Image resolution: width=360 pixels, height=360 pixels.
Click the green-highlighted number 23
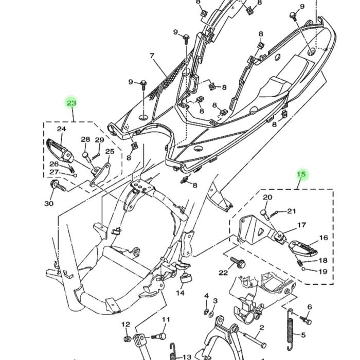click(71, 103)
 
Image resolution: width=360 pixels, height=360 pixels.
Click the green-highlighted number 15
click(301, 174)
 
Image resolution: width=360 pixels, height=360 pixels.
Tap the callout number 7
click(152, 56)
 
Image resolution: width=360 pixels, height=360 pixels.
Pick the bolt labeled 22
click(238, 262)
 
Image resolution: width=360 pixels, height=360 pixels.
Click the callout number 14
click(180, 293)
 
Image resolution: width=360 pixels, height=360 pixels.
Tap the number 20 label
click(267, 197)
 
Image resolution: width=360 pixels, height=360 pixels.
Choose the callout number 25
click(110, 152)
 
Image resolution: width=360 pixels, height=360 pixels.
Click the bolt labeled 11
click(160, 337)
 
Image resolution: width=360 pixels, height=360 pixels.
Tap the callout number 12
click(125, 325)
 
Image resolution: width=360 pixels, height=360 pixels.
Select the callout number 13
click(187, 356)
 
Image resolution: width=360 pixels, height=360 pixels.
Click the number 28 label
click(85, 140)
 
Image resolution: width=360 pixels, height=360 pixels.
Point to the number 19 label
click(323, 272)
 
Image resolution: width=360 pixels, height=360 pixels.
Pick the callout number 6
click(310, 307)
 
